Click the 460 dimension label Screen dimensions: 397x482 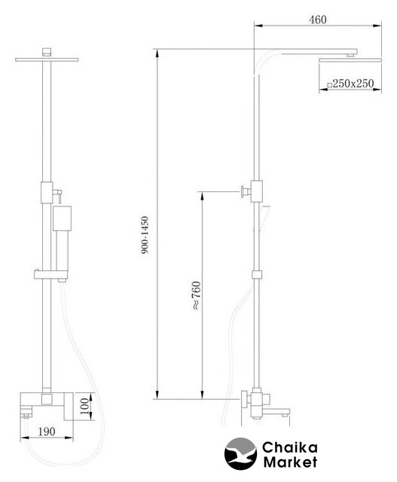pyautogui.click(x=318, y=20)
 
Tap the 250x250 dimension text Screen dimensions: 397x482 pyautogui.click(x=353, y=84)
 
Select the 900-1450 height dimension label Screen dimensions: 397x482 pyautogui.click(x=145, y=235)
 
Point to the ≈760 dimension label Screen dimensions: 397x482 pyautogui.click(x=196, y=295)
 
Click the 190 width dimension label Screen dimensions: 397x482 pyautogui.click(x=47, y=432)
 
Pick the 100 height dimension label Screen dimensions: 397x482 pyautogui.click(x=85, y=406)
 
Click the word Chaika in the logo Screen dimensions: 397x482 pyautogui.click(x=289, y=447)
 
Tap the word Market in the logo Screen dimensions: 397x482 pyautogui.click(x=290, y=462)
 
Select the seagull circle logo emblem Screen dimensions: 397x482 pyautogui.click(x=240, y=453)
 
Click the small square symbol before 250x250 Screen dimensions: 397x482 pyautogui.click(x=329, y=85)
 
